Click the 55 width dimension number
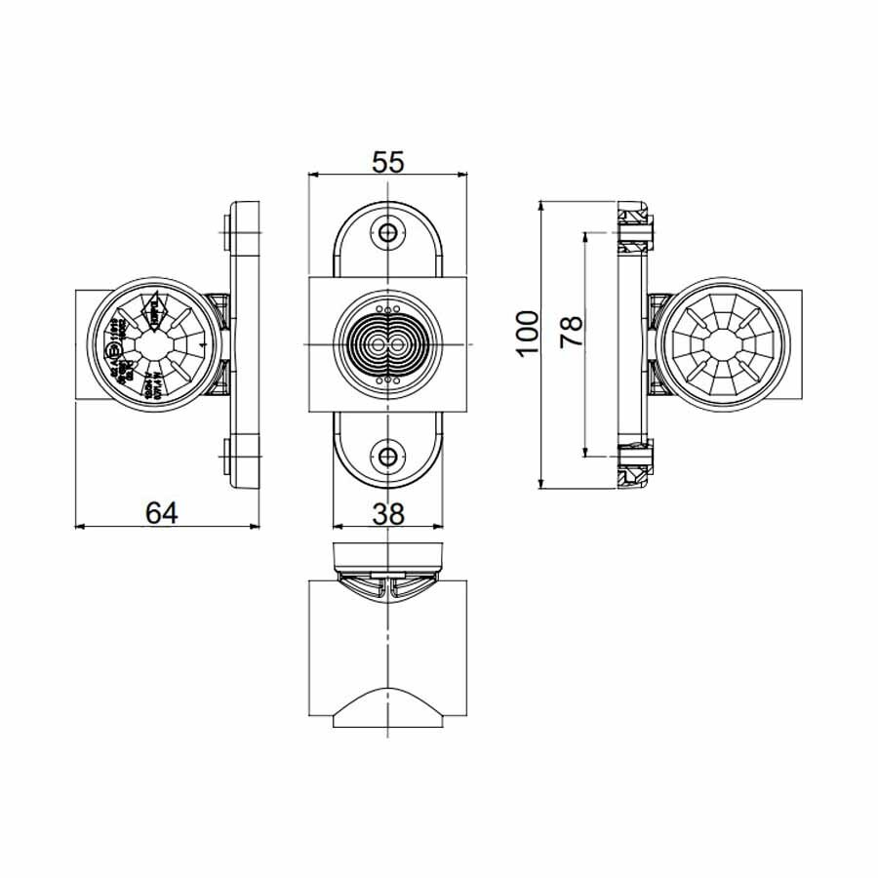pyautogui.click(x=388, y=162)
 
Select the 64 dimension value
pyautogui.click(x=162, y=512)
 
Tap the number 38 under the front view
pyautogui.click(x=389, y=512)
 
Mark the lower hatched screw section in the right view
pyautogui.click(x=634, y=466)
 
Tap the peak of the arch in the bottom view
pyautogui.click(x=389, y=690)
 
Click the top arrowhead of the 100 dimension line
pyautogui.click(x=542, y=206)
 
